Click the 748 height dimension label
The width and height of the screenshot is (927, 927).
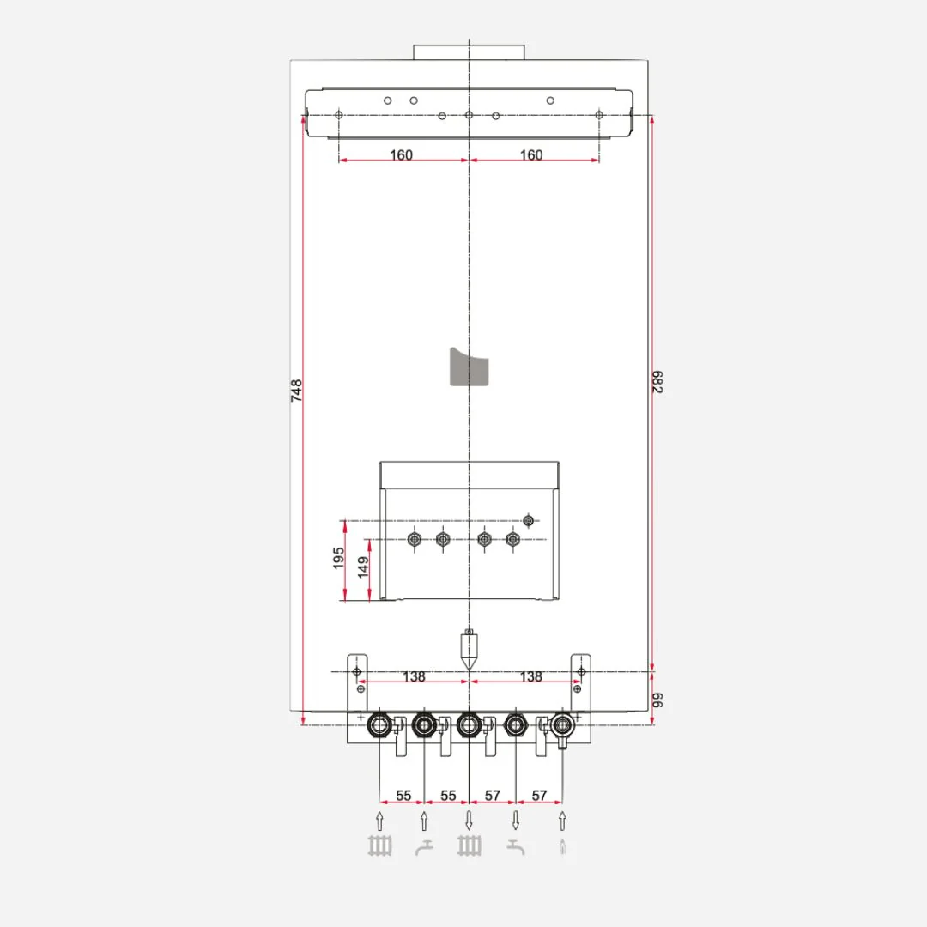[296, 391]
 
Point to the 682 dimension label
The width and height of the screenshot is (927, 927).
[657, 382]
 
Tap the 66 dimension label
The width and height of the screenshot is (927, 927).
[657, 700]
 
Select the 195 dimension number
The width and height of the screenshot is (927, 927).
[338, 558]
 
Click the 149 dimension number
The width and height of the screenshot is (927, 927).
[363, 566]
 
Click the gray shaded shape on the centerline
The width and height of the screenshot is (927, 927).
[469, 367]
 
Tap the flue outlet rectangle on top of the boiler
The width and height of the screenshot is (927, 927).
[469, 52]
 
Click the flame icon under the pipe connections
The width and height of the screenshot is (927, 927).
[562, 847]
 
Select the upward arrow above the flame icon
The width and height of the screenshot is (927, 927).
[562, 821]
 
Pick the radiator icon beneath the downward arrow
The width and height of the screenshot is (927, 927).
[469, 846]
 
